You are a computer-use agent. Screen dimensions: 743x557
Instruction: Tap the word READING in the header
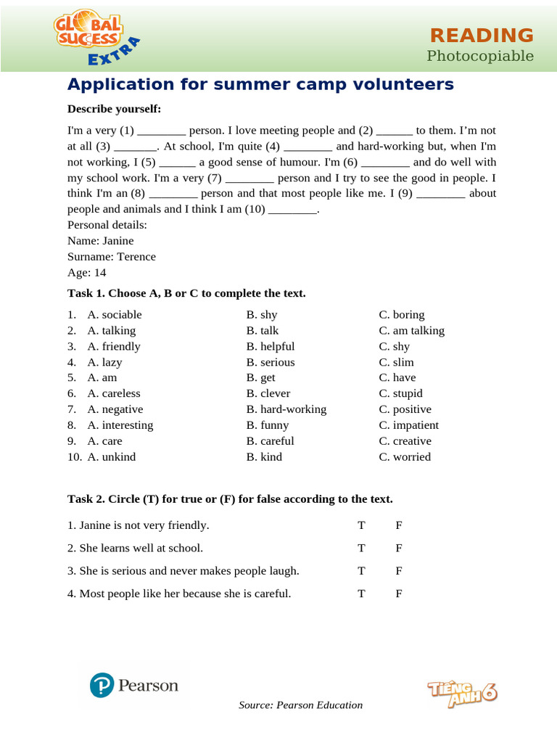482,35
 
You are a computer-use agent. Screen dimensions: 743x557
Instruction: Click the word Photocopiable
480,56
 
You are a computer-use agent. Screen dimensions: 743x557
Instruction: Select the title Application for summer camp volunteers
260,84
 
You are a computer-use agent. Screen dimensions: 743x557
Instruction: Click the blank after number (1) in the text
161,131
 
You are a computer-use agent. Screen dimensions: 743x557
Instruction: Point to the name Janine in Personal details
118,241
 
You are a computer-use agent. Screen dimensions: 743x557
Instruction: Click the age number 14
100,273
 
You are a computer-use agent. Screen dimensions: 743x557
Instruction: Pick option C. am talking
412,331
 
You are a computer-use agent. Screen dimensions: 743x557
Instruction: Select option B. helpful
271,347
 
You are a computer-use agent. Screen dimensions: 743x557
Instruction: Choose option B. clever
268,394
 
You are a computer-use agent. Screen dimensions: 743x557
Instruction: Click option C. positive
405,409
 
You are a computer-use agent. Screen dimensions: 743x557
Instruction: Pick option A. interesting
120,425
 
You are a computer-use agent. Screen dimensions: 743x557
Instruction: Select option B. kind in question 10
265,457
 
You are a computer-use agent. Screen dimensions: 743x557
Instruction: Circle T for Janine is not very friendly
361,525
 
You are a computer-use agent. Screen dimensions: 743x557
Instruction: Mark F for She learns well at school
399,548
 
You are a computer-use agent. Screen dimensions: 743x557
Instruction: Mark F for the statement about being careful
399,594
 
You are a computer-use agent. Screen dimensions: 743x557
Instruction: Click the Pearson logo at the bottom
134,685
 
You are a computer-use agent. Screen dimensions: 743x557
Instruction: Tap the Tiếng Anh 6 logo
462,694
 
